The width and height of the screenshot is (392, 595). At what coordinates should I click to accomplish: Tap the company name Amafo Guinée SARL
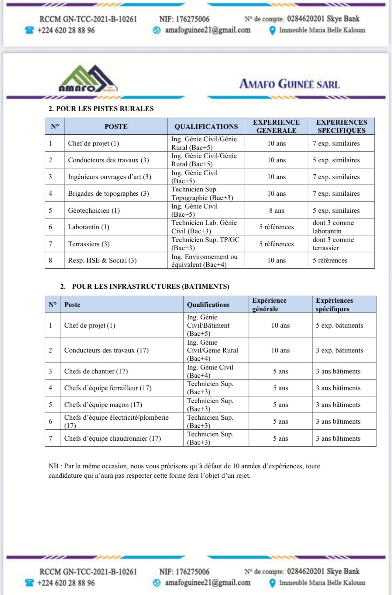coord(289,84)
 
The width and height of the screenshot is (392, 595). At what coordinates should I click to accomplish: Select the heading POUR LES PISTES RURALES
coord(105,108)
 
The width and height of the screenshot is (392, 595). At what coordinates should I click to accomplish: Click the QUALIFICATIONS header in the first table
coord(206,126)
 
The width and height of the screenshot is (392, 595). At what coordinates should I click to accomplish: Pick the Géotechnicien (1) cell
coord(94,210)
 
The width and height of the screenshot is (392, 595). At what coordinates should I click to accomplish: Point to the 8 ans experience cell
coord(276,210)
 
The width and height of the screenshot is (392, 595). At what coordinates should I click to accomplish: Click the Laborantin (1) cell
coord(88,227)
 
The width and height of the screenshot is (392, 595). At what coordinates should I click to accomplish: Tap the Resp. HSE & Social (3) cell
coord(102,260)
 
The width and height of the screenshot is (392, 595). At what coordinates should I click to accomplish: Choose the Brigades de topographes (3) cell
coord(108,194)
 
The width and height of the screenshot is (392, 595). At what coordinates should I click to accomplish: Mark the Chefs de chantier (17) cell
coord(96,371)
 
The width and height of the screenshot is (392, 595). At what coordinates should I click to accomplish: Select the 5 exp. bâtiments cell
coord(339,325)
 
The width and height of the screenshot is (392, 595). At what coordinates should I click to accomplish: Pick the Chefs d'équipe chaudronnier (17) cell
coord(112,438)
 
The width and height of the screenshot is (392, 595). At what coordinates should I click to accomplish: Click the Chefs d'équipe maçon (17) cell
coord(103,404)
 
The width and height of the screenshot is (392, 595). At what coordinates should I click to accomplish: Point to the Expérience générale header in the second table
coord(269,304)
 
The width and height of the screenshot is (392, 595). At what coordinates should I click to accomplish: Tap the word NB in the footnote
coord(53,466)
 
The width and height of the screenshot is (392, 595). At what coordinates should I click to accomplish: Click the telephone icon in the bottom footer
coord(29,583)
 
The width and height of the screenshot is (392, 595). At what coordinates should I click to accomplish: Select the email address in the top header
coord(208,30)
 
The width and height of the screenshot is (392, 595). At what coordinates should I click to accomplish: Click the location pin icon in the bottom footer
coord(273,583)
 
